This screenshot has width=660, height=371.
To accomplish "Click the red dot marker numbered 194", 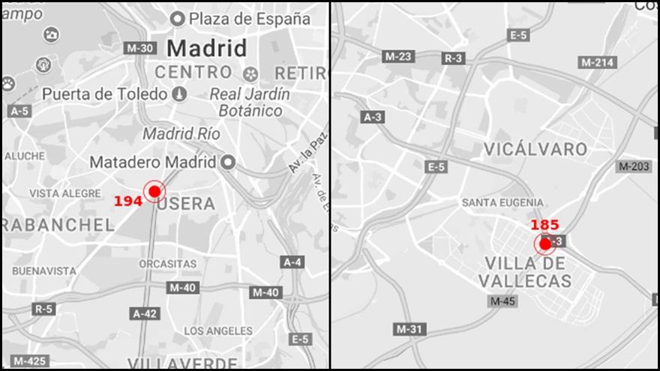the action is point(154,192).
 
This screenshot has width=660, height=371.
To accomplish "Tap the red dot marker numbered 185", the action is point(545,244).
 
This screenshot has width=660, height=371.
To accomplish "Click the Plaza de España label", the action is point(249,19).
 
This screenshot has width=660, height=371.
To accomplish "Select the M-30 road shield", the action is point(139,48).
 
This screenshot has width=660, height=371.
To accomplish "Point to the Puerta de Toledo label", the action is point(104,94).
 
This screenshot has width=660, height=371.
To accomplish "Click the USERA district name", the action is point(187,203).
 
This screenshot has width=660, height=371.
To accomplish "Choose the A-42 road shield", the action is point(145,313).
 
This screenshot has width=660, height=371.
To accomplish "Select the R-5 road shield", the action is point(43,309).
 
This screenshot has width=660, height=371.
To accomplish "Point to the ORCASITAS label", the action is point(168,264).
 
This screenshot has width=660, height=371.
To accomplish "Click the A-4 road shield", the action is point(292,262).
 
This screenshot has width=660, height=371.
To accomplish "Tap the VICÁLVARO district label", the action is point(535,149).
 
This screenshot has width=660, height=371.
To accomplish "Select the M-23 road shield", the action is point(399,56).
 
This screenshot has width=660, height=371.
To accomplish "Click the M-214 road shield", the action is point(598,62).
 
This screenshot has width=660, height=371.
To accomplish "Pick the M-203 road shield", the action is point(634,166).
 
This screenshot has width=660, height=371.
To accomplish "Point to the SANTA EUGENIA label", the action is point(502,202).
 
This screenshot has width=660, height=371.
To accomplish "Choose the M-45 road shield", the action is point(502,301).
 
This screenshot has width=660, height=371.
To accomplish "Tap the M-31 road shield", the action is point(409,329).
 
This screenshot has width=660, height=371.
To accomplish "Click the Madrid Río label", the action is point(181,134).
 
